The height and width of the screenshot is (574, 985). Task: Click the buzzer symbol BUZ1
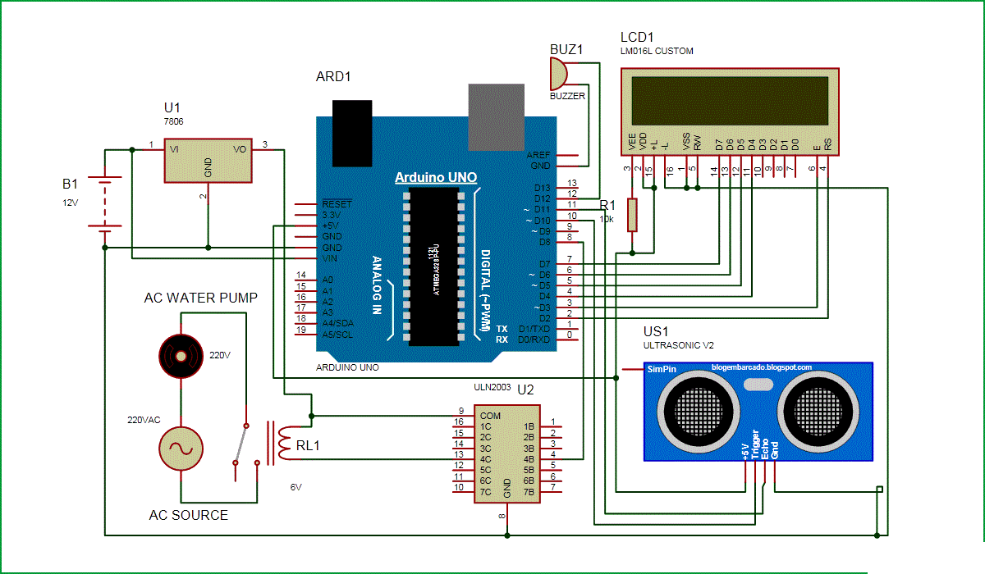click(558, 75)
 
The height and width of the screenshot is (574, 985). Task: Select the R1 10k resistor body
click(631, 214)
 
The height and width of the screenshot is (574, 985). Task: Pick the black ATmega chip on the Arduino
click(433, 266)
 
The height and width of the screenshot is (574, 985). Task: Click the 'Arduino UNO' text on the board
click(435, 177)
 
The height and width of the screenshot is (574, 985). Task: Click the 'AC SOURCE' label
click(188, 515)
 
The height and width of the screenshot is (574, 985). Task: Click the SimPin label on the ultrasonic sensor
click(662, 370)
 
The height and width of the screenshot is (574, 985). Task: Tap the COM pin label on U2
click(491, 416)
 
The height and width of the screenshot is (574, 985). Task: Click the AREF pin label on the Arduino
click(539, 154)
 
